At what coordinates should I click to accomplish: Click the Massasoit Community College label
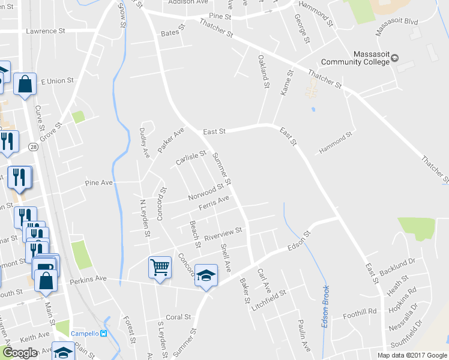point(354,57)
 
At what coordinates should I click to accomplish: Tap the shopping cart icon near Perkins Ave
point(160,268)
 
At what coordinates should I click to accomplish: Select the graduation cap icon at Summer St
point(206,275)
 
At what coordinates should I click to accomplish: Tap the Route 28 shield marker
point(34,147)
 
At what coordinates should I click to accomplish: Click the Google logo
point(20,353)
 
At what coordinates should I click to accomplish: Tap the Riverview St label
point(223,233)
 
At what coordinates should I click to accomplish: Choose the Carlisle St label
point(191,158)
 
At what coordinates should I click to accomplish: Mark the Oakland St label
point(263,71)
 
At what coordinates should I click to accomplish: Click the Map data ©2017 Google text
point(412,355)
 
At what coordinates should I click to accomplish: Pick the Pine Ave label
point(99,182)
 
